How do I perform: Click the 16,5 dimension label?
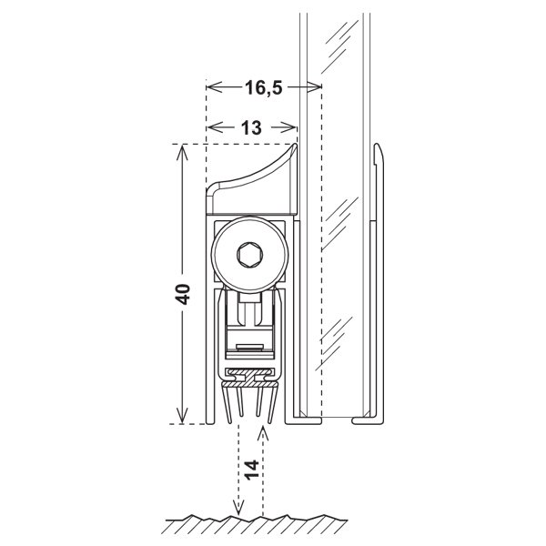click(x=264, y=87)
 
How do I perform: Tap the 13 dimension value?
click(x=251, y=127)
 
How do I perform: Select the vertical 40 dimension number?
click(x=183, y=294)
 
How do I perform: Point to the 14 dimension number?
click(x=251, y=470)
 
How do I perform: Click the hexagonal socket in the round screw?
click(x=249, y=255)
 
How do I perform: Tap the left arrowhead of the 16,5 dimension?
click(x=214, y=87)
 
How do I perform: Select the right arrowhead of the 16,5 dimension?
click(x=314, y=87)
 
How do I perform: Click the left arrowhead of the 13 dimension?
click(x=215, y=127)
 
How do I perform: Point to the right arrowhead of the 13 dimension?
click(x=289, y=127)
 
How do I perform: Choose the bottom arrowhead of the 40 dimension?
click(x=182, y=416)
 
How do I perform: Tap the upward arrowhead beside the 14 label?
click(x=263, y=432)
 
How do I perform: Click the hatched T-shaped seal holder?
click(x=249, y=379)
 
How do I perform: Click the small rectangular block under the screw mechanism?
click(x=249, y=348)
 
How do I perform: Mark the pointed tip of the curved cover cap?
click(x=295, y=144)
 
